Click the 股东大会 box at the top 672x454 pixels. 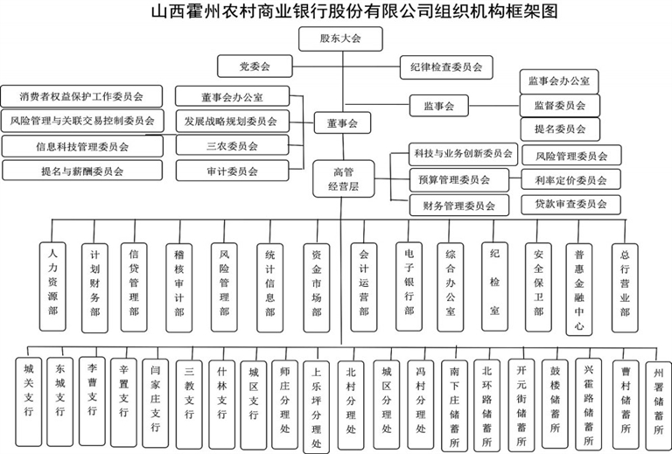340,38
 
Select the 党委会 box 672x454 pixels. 254,66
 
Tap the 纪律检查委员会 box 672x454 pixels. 445,66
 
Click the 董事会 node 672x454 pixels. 340,124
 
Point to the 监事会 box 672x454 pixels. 439,106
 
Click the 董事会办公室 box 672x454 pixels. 231,96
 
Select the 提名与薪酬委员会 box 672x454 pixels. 81,171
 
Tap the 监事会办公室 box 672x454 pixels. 558,81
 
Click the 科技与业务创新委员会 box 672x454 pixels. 462,154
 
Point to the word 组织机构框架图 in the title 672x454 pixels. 480,12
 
